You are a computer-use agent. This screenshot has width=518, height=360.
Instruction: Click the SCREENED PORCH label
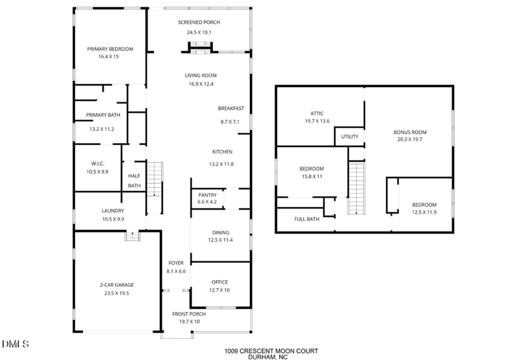(x=199, y=22)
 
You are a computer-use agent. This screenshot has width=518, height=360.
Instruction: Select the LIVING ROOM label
(x=201, y=75)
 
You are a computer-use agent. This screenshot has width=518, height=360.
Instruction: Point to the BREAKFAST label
(x=231, y=108)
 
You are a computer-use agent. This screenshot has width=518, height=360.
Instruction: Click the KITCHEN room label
(x=222, y=152)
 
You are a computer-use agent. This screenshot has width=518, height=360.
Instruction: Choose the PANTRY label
(x=207, y=194)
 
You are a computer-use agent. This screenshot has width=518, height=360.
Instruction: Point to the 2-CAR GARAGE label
(x=117, y=284)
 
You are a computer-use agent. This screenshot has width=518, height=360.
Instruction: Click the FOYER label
(x=176, y=263)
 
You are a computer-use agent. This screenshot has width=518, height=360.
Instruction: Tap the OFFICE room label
(x=220, y=282)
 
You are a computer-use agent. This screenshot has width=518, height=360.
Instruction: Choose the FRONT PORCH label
(x=188, y=314)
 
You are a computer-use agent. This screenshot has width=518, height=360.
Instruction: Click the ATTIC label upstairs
(x=317, y=113)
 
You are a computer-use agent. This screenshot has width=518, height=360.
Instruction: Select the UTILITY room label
(x=350, y=137)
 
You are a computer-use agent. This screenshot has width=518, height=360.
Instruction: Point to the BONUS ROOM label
(x=411, y=131)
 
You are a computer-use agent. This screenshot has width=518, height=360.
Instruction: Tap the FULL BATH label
(x=307, y=219)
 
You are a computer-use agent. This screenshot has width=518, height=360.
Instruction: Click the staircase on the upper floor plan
(x=357, y=188)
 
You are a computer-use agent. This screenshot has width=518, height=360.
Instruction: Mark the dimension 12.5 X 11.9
(x=425, y=212)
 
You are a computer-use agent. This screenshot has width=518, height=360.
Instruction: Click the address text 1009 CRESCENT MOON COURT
(x=271, y=351)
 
